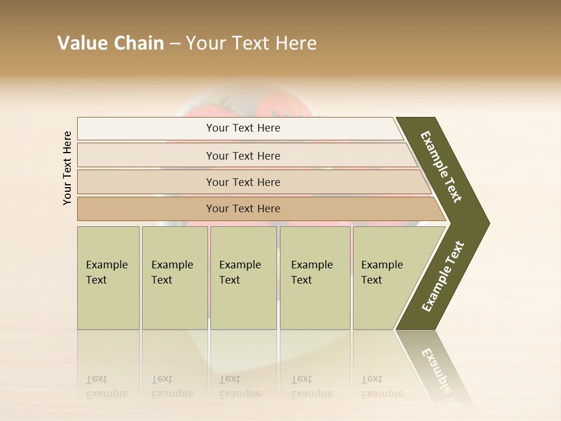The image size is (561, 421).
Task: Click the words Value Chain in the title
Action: (110, 43)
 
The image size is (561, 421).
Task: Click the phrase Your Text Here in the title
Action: (251, 43)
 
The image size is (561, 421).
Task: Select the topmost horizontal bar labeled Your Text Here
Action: (243, 128)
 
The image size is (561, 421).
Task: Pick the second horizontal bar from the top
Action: (243, 156)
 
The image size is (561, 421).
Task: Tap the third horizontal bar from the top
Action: (243, 182)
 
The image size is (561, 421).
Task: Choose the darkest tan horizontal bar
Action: (243, 209)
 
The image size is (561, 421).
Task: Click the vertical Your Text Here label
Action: (67, 168)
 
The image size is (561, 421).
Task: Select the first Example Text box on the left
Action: (108, 278)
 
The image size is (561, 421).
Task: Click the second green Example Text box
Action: (175, 278)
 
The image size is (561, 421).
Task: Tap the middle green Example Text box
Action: (243, 278)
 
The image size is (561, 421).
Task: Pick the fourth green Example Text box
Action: (315, 278)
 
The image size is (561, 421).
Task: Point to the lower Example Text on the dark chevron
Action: (443, 277)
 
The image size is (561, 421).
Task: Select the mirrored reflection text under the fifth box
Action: (382, 387)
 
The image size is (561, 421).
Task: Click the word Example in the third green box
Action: (240, 265)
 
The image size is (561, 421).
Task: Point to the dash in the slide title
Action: (174, 44)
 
